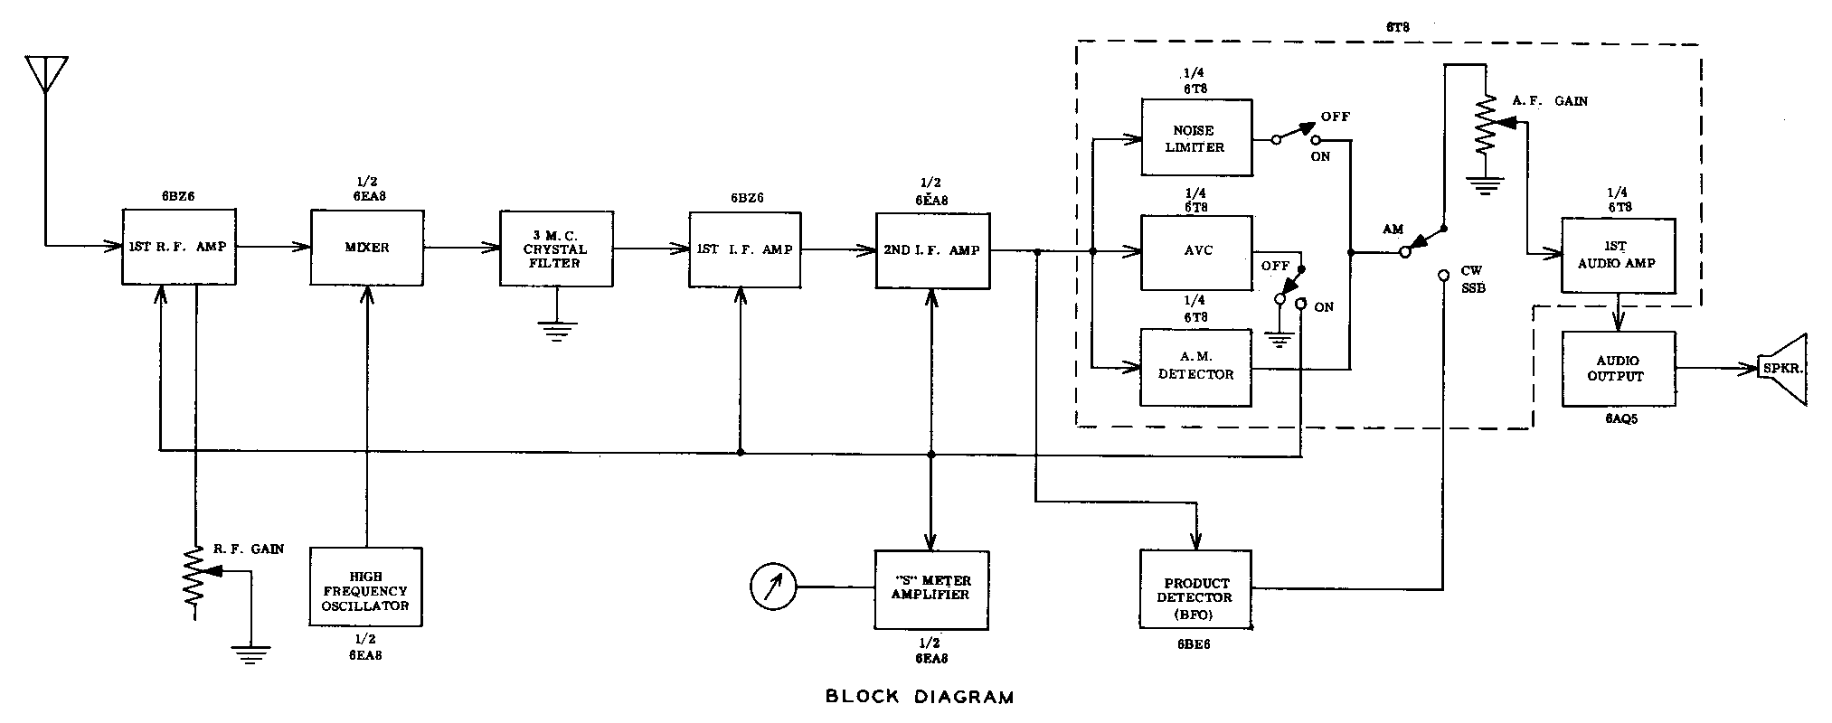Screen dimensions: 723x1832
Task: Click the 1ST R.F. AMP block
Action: coord(179,247)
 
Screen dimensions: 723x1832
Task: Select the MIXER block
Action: coord(367,248)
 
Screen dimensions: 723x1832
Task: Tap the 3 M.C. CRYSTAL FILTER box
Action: coord(555,249)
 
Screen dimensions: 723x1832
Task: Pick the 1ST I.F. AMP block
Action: coord(744,249)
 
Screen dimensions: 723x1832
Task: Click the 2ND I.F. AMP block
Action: coord(932,250)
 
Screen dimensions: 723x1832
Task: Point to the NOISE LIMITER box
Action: coord(1196,138)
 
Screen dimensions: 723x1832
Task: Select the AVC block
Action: coord(1196,252)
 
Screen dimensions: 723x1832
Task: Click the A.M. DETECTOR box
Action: coord(1196,367)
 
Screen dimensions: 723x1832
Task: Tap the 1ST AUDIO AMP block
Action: coord(1618,255)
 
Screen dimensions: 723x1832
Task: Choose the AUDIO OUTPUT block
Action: coord(1618,369)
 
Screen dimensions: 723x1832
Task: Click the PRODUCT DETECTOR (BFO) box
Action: coord(1196,589)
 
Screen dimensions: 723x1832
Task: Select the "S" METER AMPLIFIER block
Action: coord(931,588)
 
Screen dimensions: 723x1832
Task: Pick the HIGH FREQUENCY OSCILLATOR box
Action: coord(366,587)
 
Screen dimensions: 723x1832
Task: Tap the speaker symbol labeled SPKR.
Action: coord(1781,369)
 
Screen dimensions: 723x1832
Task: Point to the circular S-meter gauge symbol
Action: coord(773,587)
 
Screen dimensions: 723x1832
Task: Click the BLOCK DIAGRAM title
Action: coord(920,697)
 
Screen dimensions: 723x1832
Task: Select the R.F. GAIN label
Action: coord(248,549)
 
